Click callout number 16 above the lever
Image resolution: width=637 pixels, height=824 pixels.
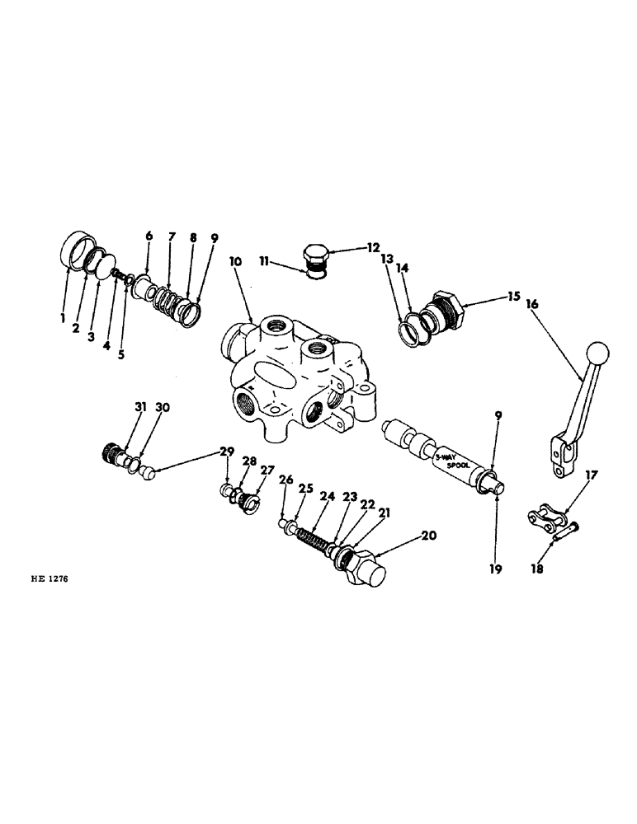pos(531,304)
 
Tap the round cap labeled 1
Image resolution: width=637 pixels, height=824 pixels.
pos(78,246)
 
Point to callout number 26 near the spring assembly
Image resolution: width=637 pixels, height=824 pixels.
pos(286,480)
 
